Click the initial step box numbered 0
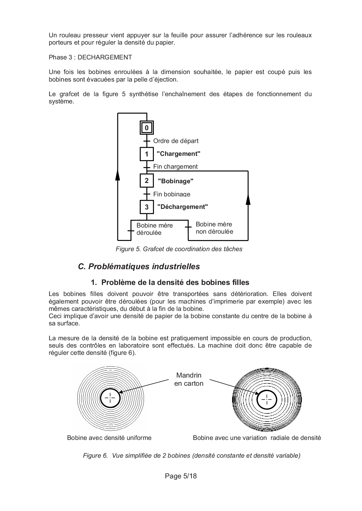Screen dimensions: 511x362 147,128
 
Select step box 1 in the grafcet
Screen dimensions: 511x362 147,154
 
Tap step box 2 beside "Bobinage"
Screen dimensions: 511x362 147,181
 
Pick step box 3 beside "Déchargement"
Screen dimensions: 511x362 147,207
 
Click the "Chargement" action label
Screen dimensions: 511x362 178,154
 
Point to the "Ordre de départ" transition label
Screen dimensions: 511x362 176,141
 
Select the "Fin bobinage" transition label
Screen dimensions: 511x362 172,194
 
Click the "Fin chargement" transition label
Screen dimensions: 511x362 175,167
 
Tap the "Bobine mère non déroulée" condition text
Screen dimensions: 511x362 214,228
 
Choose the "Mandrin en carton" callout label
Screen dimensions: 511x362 189,379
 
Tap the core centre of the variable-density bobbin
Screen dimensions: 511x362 267,399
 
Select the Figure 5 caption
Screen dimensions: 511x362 179,249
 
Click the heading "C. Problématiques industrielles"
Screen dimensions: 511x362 139,267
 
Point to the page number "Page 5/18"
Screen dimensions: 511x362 181,476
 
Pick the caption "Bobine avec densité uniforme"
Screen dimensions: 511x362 109,438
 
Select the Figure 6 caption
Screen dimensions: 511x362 192,455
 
